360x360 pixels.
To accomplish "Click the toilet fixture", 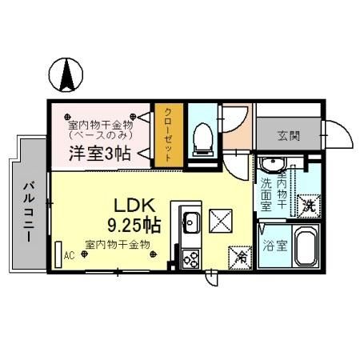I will tap(203, 138).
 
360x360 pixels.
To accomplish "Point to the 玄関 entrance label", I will tap(290, 135).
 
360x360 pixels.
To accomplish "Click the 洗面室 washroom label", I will tap(266, 194).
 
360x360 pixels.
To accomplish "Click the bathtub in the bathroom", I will tap(305, 246).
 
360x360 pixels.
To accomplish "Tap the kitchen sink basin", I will tap(191, 222).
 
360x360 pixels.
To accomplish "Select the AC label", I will tap(69, 256).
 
